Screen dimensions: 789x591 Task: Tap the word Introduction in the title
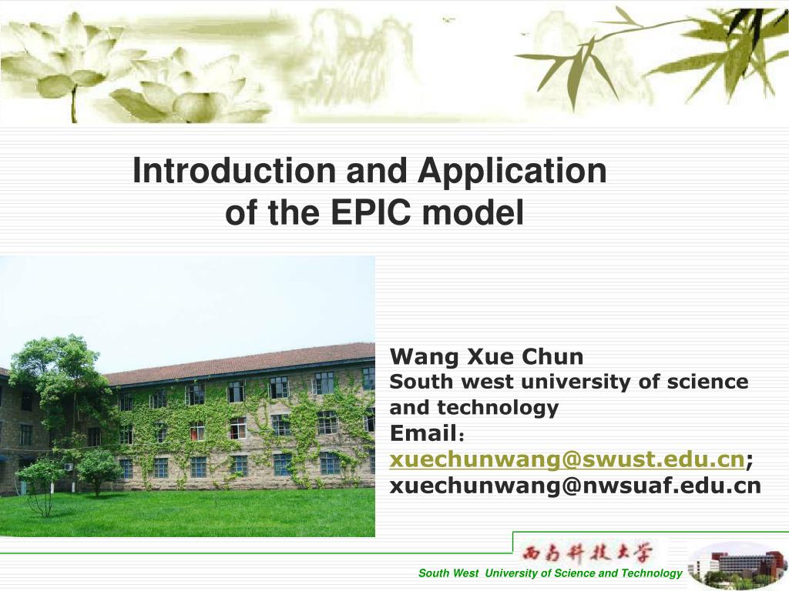click(234, 170)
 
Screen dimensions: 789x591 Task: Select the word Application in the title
click(512, 172)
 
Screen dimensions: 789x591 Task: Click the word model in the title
click(473, 212)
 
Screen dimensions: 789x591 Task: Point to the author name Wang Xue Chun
click(487, 357)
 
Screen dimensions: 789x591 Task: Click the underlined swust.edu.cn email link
click(567, 459)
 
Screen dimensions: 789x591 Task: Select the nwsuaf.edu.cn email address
click(576, 486)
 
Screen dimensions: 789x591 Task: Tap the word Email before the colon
click(424, 433)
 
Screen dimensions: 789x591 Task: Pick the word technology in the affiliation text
click(498, 408)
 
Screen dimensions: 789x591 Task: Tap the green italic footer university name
click(550, 573)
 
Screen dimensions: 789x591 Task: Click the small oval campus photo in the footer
click(737, 565)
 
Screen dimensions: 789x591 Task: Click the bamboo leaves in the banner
click(654, 55)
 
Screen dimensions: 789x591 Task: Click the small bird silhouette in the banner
click(448, 19)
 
